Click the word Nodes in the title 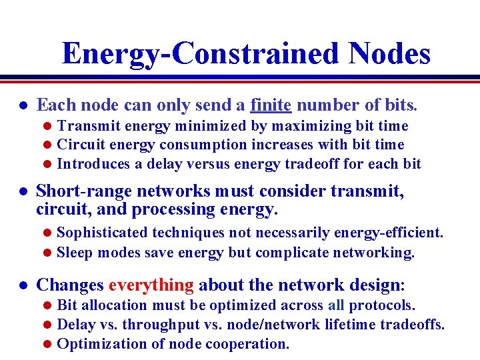pyautogui.click(x=390, y=53)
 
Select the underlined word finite pyautogui.click(x=271, y=105)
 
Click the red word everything pyautogui.click(x=151, y=285)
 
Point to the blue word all pyautogui.click(x=336, y=305)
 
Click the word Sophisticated pyautogui.click(x=103, y=233)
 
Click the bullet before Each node pyautogui.click(x=22, y=105)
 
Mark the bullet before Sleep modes pyautogui.click(x=47, y=253)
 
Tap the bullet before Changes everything pyautogui.click(x=22, y=286)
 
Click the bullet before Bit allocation pyautogui.click(x=47, y=306)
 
